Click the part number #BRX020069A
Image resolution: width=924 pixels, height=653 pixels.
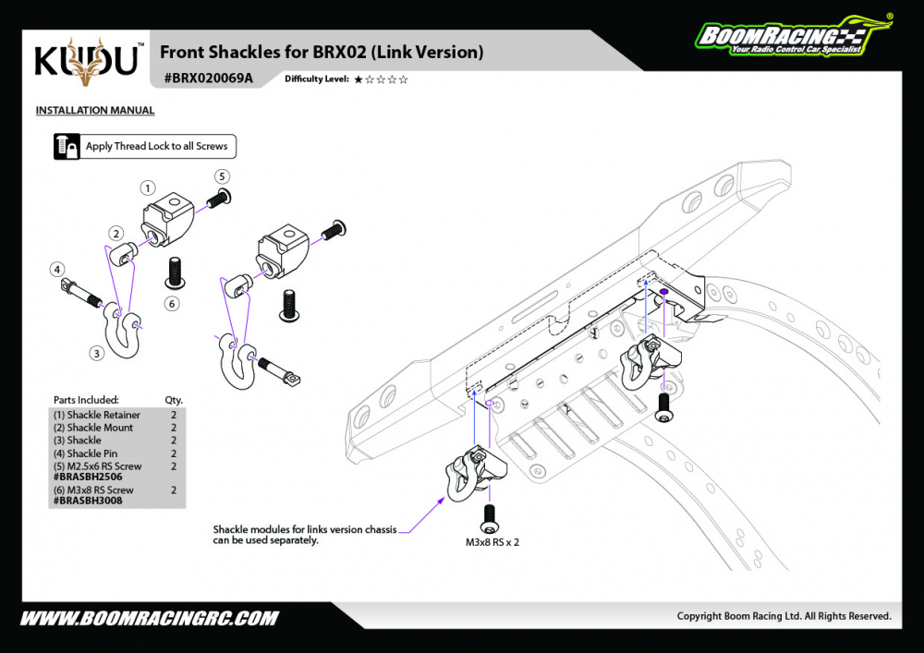(208, 79)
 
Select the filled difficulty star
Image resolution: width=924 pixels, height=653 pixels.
(358, 79)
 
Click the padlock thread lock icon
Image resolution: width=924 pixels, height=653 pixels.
(67, 147)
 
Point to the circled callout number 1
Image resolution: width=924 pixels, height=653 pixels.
(147, 187)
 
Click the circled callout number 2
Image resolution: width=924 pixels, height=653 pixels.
(116, 233)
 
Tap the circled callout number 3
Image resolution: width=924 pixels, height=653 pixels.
(95, 353)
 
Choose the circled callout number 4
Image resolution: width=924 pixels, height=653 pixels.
(57, 270)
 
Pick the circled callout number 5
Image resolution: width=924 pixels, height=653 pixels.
(222, 175)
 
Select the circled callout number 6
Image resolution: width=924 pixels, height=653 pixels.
(172, 303)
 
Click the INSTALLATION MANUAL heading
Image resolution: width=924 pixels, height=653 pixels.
(95, 111)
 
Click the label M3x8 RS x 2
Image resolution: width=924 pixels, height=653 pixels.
(492, 543)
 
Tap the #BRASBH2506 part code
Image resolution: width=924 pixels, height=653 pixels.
(88, 477)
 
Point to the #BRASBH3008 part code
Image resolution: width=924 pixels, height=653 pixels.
(88, 501)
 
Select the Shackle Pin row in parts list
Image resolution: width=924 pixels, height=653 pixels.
(92, 453)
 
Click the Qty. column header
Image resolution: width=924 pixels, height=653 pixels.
(174, 400)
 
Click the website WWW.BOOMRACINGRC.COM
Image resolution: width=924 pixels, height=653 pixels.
(149, 618)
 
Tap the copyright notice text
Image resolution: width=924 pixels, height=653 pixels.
(784, 616)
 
